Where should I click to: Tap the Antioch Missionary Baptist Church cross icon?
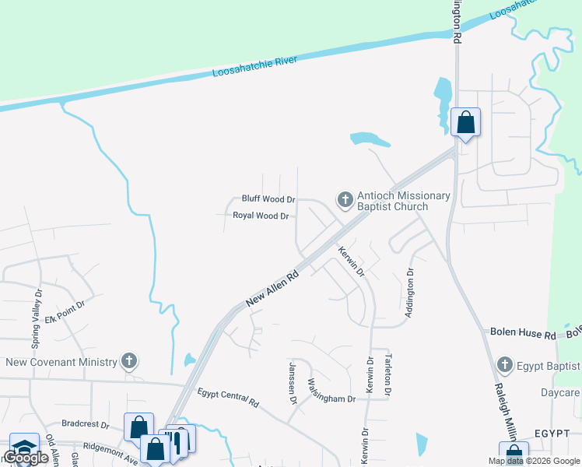coord(345,200)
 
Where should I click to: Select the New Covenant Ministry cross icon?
coord(129,361)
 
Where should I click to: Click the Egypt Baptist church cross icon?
coord(505,365)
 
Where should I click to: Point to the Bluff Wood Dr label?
coord(268,200)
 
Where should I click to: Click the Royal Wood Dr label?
coord(261,216)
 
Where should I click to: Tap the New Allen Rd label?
coord(272,288)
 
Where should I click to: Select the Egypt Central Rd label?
coord(227,398)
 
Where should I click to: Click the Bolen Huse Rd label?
coord(522,333)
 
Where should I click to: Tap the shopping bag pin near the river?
coord(465,123)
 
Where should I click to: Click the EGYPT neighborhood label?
coord(553,434)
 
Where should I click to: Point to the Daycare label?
coord(560,393)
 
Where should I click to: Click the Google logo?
coord(26,458)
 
